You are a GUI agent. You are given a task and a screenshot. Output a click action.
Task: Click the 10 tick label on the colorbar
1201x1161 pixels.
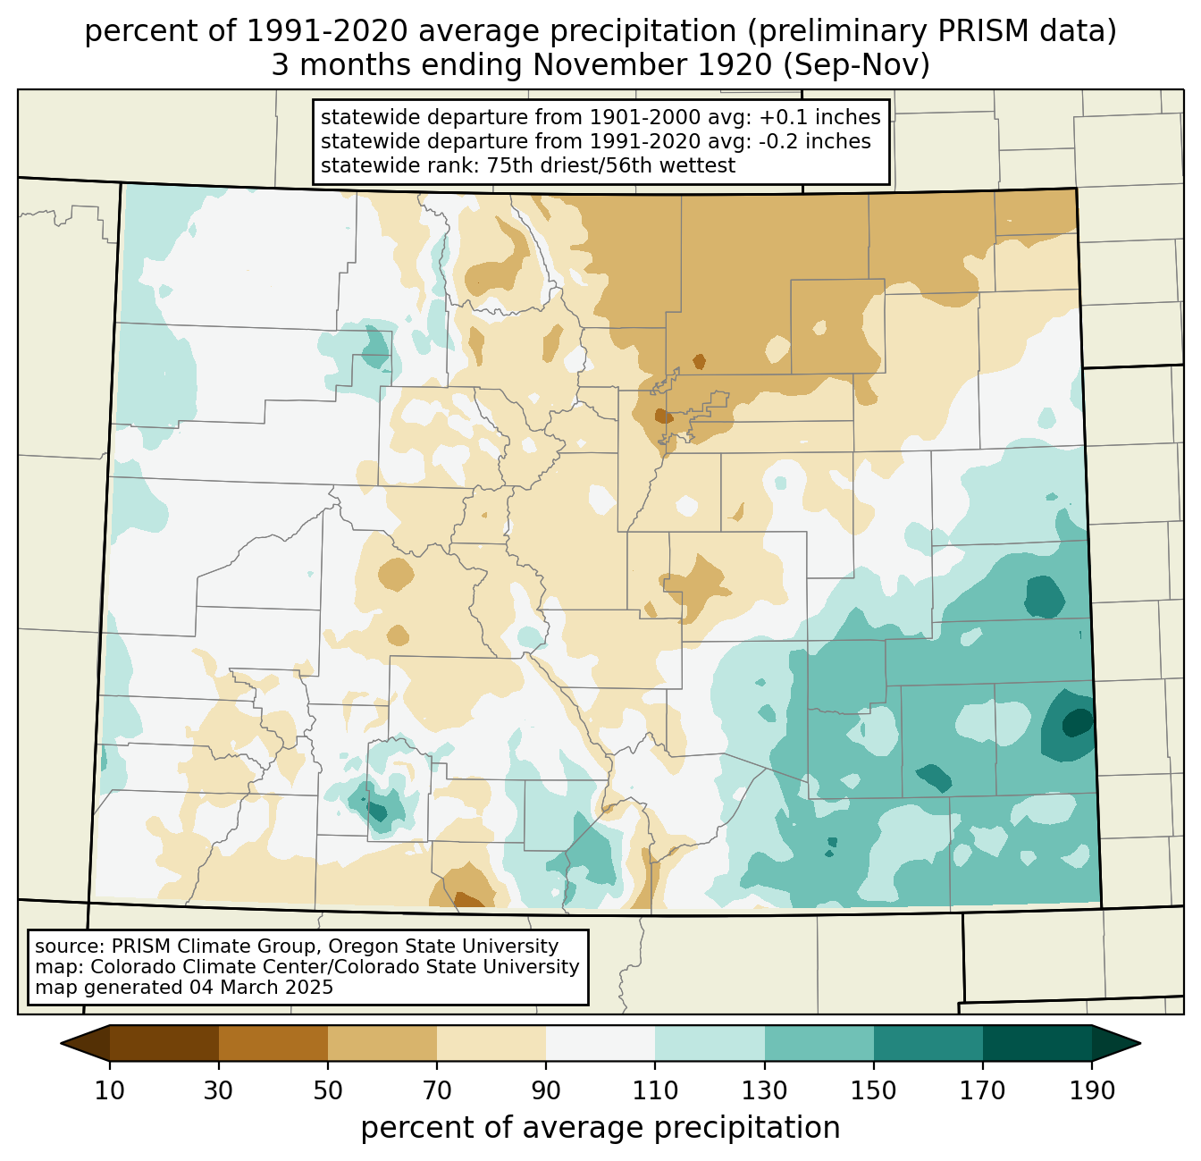point(110,1091)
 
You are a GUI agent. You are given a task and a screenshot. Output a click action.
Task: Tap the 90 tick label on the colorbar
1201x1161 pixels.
point(546,1091)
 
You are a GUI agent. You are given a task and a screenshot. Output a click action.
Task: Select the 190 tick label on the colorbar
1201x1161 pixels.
point(1091,1091)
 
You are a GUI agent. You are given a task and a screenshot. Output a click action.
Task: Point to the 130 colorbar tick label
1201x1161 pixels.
point(765,1091)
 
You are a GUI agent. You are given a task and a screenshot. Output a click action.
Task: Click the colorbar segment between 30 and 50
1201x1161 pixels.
point(273,1043)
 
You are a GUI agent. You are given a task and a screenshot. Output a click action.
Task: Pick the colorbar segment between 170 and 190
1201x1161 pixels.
point(1037,1043)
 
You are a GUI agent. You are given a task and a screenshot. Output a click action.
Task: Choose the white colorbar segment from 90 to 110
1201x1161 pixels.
point(600,1043)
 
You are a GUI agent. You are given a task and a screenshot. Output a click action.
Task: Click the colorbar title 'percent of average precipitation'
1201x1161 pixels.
point(600,1128)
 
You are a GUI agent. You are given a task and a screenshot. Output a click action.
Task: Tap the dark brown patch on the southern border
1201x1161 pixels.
point(469,900)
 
